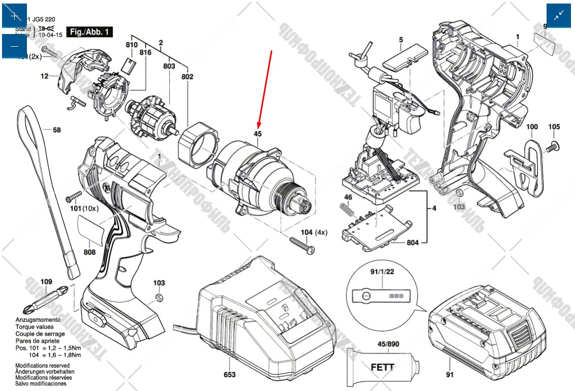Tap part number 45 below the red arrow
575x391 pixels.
tap(258, 135)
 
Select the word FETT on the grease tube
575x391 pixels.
tap(382, 367)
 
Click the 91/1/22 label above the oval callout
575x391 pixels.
tap(384, 272)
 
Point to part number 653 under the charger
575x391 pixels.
tap(230, 375)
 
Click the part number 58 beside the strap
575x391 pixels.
tap(56, 130)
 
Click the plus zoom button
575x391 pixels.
tap(14, 16)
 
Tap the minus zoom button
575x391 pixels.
tap(14, 46)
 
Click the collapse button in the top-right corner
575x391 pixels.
tap(559, 16)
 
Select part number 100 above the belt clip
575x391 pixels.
tap(531, 126)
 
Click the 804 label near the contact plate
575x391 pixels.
tap(413, 243)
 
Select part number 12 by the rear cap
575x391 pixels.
tap(45, 76)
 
